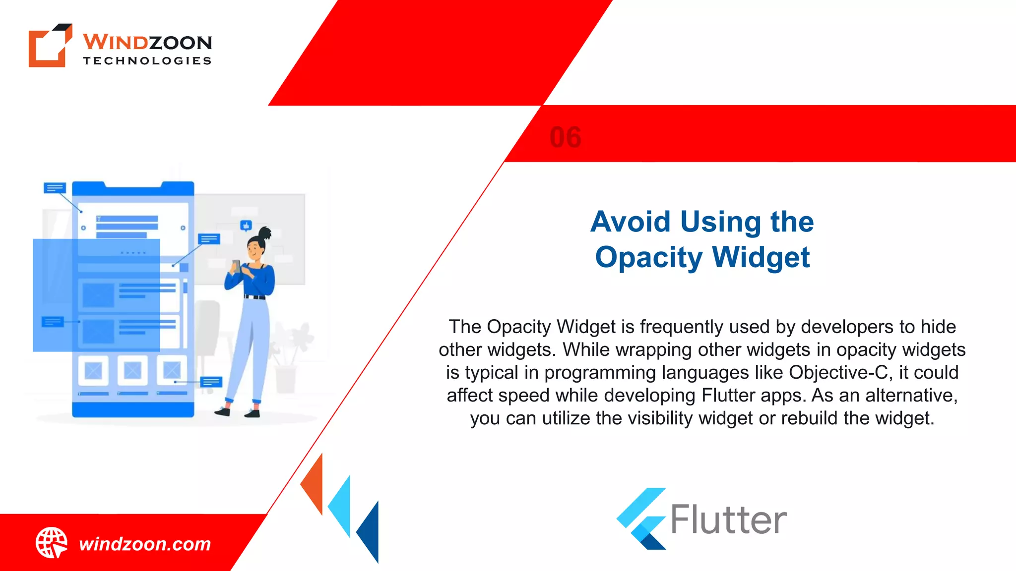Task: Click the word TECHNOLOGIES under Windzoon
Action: click(147, 61)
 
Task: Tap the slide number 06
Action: click(566, 137)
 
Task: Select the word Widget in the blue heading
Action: click(761, 258)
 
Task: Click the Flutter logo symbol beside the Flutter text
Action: click(641, 518)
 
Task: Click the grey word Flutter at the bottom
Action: click(729, 520)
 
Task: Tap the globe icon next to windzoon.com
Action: click(51, 543)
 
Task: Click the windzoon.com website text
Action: click(145, 544)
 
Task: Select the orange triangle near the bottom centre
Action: click(314, 484)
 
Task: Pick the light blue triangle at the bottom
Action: click(342, 506)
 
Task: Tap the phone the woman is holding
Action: click(237, 266)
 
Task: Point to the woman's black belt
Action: click(255, 297)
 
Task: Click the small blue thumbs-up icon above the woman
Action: click(246, 226)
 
